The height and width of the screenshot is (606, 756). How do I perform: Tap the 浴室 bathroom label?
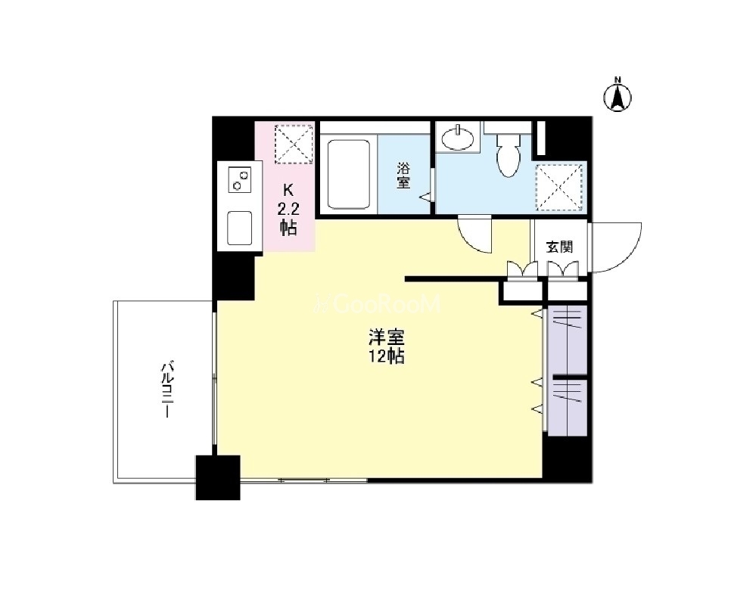tap(403, 176)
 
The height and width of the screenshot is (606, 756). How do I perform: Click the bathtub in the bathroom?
tap(349, 174)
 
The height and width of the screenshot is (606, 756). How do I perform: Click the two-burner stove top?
tap(241, 179)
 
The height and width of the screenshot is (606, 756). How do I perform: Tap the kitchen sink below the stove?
tap(240, 228)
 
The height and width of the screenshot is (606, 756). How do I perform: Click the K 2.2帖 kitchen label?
tap(288, 210)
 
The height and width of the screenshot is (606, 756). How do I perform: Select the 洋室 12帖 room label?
tap(386, 347)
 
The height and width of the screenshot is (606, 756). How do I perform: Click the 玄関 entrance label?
tap(559, 247)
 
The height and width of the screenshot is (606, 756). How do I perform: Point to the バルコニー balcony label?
tap(166, 390)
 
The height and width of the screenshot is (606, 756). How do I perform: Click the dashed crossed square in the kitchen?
tap(294, 144)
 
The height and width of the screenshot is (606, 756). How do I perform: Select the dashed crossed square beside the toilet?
tap(559, 188)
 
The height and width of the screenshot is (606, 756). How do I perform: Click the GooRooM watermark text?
tap(377, 304)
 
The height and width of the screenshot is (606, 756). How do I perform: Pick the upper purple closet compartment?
tap(568, 340)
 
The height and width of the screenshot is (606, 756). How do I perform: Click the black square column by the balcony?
tap(218, 477)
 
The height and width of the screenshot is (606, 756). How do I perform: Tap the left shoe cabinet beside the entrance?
tap(522, 291)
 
